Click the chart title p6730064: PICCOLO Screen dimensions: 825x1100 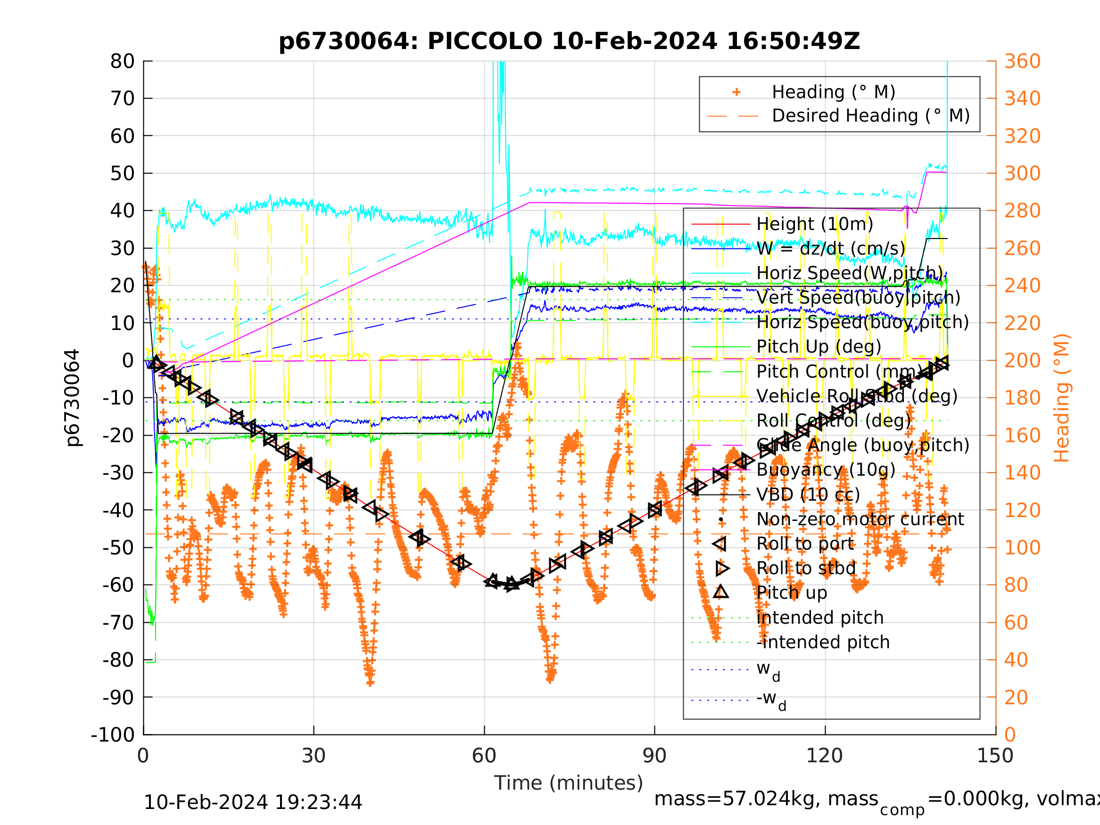569,41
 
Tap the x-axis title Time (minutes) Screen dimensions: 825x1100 569,783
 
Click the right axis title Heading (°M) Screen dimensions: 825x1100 1061,398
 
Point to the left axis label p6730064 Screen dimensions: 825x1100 73,398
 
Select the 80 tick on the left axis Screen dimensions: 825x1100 122,62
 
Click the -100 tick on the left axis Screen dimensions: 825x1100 113,734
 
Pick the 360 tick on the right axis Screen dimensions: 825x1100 1022,62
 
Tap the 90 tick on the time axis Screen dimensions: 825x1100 654,756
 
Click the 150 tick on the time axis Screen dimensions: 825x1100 995,756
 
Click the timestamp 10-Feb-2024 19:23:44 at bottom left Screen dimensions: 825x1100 253,802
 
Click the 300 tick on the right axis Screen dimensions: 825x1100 1022,173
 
